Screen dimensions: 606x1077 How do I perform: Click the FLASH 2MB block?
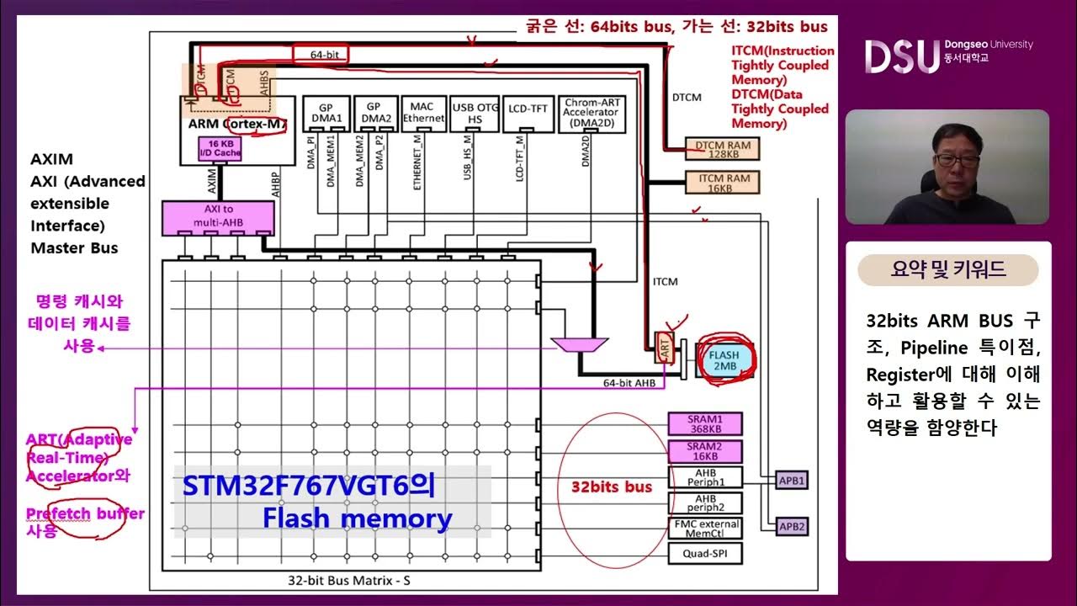[724, 361]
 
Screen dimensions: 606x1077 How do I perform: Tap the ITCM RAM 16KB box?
[718, 183]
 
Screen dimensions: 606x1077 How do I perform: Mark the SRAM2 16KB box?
[705, 451]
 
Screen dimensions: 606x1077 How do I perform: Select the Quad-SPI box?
[705, 554]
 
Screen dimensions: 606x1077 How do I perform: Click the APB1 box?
[792, 481]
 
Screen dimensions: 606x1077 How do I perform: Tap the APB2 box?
[792, 527]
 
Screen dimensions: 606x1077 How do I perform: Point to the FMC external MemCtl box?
[705, 529]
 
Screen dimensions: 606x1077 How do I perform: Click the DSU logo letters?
[901, 56]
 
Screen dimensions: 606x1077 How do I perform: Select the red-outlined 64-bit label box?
[319, 54]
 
